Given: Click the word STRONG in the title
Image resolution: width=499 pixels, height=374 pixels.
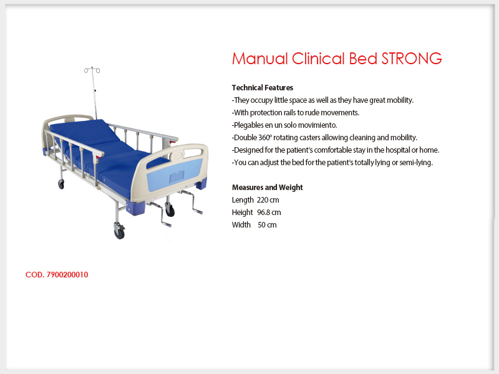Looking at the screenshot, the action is tap(412, 59).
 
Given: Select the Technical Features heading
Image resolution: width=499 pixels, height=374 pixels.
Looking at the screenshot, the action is tap(262, 88).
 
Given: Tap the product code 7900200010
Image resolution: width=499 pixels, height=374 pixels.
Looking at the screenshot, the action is tap(67, 275).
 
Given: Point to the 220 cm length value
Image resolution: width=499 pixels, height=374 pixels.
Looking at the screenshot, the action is tap(268, 200).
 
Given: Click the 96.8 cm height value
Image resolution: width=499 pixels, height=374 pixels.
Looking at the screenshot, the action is tap(269, 213).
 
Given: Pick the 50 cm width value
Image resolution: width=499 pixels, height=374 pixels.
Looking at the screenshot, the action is tap(267, 225).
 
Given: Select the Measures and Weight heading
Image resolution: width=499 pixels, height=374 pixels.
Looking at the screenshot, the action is tap(268, 188).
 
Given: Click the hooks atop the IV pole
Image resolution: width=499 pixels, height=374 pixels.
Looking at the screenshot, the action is tap(92, 70).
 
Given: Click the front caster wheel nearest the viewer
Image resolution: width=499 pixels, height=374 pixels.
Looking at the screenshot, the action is tap(119, 233).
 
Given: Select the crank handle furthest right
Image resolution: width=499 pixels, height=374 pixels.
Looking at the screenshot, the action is tap(192, 202).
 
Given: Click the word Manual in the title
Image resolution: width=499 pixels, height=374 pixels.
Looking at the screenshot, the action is tap(260, 59).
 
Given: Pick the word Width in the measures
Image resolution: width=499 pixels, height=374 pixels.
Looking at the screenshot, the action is tap(241, 225).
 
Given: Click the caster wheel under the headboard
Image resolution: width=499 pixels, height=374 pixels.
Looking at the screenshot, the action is tap(61, 184).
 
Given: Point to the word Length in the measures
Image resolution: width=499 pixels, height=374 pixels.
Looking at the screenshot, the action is tap(243, 200).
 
